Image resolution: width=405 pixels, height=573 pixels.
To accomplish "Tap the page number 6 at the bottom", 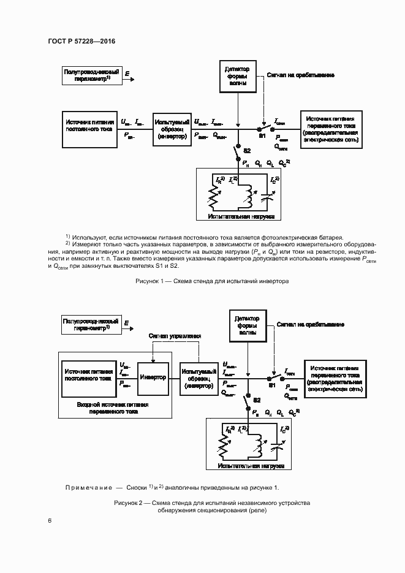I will click(50, 521).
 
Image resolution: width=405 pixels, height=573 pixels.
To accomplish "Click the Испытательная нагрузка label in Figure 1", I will click(236, 217).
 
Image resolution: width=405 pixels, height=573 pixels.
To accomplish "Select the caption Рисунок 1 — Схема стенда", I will click(211, 281).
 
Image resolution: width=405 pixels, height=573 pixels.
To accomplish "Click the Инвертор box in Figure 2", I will click(153, 378).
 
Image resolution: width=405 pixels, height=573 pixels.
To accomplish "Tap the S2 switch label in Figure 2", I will click(257, 400).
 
